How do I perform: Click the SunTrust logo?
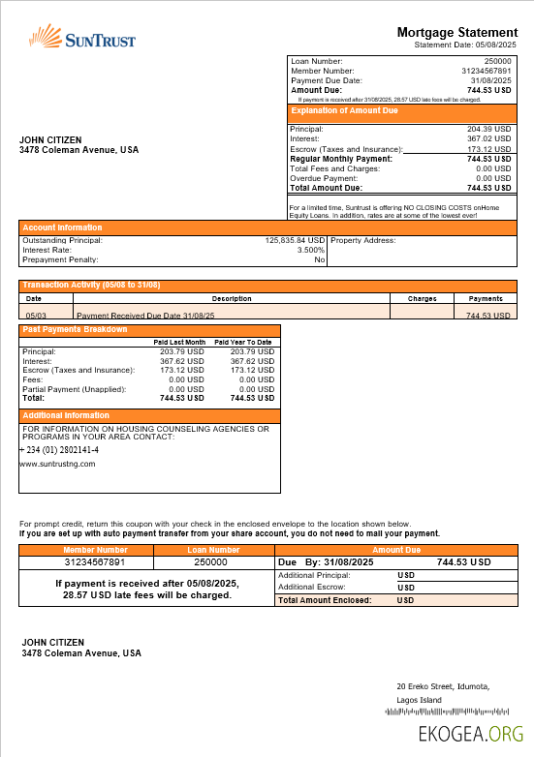pyautogui.click(x=81, y=38)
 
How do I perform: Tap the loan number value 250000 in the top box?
pyautogui.click(x=497, y=62)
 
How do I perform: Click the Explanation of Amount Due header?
pyautogui.click(x=346, y=111)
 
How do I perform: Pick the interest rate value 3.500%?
pyautogui.click(x=310, y=250)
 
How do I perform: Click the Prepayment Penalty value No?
pyautogui.click(x=319, y=259)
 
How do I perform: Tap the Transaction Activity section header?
pyautogui.click(x=91, y=285)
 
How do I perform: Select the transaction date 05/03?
pyautogui.click(x=36, y=316)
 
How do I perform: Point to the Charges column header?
pyautogui.click(x=422, y=299)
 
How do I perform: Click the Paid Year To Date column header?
pyautogui.click(x=242, y=343)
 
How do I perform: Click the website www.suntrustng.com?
pyautogui.click(x=57, y=464)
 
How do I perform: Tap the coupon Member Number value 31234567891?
pyautogui.click(x=95, y=561)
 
